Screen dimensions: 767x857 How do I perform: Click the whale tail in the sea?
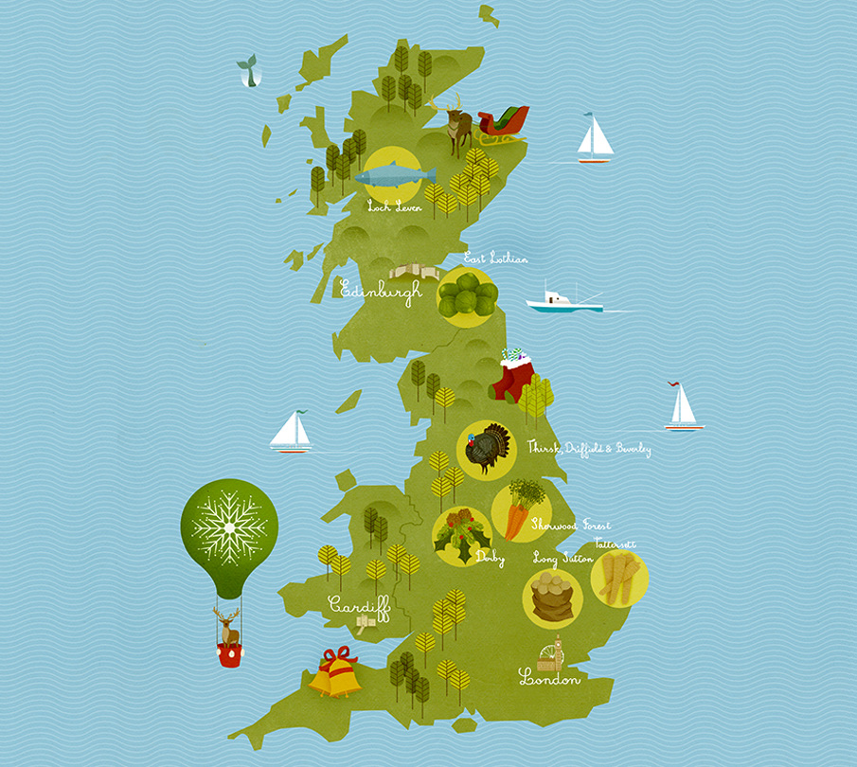[249, 70]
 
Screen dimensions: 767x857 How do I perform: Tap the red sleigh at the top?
[502, 124]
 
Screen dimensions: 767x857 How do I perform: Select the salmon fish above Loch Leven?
[396, 175]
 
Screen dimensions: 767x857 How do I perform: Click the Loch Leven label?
[395, 205]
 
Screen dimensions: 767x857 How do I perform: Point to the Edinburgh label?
[381, 290]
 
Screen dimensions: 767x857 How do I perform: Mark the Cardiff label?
[358, 604]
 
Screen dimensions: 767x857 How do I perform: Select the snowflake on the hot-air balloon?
[228, 528]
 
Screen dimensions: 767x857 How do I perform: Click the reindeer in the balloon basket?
[227, 630]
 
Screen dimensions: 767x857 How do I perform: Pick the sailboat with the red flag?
[682, 407]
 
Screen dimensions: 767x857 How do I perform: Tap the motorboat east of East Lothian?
[563, 299]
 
